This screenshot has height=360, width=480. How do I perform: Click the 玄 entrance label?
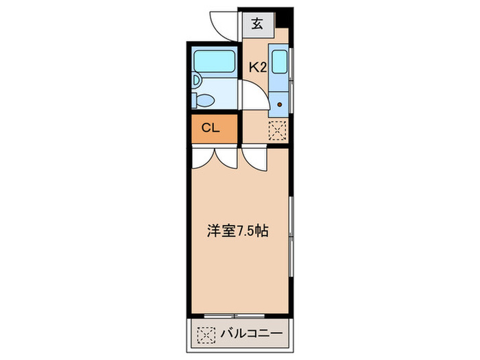[256, 25]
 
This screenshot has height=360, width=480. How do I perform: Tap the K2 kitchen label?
[257, 67]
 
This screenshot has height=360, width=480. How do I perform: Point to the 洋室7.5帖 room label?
[237, 232]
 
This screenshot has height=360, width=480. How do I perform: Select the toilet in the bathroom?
[204, 100]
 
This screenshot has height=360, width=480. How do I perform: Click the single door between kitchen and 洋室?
[254, 159]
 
